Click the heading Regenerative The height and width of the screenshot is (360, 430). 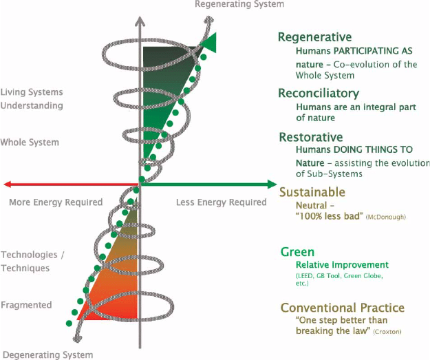(x=314, y=37)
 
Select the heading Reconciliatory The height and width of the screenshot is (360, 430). (x=319, y=94)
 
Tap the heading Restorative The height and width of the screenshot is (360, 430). (x=311, y=137)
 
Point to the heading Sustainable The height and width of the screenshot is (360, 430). (x=312, y=192)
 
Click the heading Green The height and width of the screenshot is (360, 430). (x=297, y=252)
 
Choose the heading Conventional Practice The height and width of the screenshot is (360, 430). (x=343, y=308)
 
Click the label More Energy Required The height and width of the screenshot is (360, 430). (x=56, y=202)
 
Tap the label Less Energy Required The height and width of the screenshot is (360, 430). (x=222, y=202)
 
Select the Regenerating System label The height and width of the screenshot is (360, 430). (x=239, y=4)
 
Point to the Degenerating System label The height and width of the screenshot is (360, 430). (x=47, y=354)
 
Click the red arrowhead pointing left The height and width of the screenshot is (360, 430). (x=8, y=184)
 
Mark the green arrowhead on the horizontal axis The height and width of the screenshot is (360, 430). (x=272, y=184)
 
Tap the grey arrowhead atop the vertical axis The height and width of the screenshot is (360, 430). (x=140, y=21)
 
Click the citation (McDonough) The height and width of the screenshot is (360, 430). (x=385, y=217)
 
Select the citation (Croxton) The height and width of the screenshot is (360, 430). (x=387, y=332)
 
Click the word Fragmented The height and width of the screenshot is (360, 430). (x=26, y=305)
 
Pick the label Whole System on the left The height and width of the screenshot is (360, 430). (x=30, y=142)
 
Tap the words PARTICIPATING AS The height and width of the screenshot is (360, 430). (x=373, y=51)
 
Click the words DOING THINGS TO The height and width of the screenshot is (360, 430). (x=373, y=149)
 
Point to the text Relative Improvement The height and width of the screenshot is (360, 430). (x=342, y=265)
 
